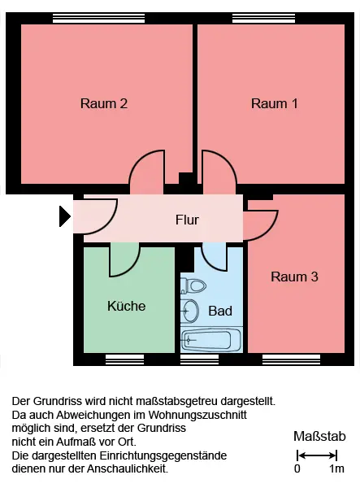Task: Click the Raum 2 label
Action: coord(104,103)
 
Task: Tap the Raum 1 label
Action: coord(275,103)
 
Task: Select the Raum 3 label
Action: coord(294,277)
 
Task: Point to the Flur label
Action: coord(187,220)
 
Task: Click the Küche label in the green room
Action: coord(127,306)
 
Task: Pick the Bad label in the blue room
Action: coord(220,311)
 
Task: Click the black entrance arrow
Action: coord(65,216)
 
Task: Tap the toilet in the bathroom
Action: coord(193,285)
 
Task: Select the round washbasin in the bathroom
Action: coord(189,311)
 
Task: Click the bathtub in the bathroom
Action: coord(211,339)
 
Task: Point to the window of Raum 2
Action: coord(98,19)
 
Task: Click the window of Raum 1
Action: coord(263,19)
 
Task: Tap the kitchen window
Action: coord(124,359)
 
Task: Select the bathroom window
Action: coord(199,359)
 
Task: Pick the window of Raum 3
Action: coord(291,359)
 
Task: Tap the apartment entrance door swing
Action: coord(107,224)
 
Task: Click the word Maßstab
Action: coord(319,436)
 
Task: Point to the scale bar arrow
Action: coord(317,456)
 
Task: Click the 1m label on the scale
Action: coord(336,468)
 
